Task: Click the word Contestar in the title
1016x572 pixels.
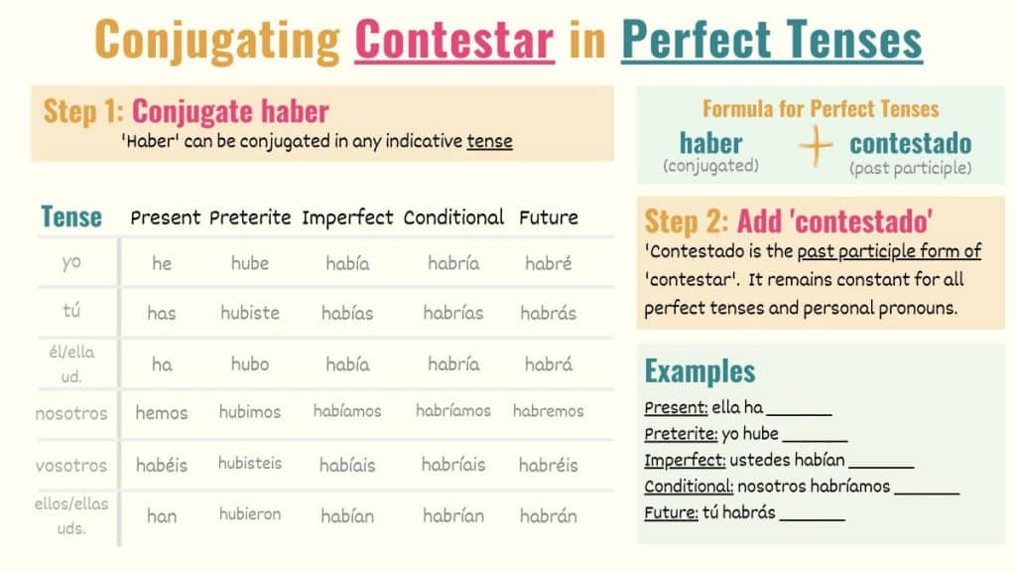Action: (454, 40)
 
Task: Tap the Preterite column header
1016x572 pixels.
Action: (250, 217)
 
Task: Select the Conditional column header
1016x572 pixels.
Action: (453, 217)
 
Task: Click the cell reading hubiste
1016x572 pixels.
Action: (250, 313)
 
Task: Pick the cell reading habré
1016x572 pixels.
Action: (548, 262)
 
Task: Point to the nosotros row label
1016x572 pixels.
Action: (71, 413)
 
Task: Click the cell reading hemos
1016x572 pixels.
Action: (162, 412)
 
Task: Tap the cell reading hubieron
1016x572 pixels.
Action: (250, 514)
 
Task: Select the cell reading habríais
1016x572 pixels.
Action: (453, 465)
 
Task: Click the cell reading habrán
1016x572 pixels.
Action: (548, 515)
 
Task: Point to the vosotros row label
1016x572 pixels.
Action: (71, 465)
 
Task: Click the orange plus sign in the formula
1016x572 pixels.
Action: (816, 147)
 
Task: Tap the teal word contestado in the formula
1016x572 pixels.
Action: (911, 143)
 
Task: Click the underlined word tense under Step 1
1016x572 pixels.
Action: (490, 141)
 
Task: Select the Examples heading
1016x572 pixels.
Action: (699, 371)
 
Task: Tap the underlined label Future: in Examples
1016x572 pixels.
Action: (672, 512)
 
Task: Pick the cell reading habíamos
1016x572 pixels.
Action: (347, 411)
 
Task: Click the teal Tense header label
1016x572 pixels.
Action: (71, 216)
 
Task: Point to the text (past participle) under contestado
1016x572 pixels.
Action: (911, 169)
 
